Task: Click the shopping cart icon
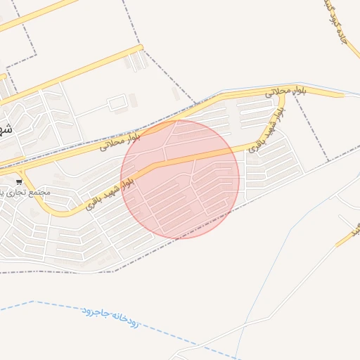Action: coord(19,181)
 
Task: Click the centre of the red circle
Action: coord(180,179)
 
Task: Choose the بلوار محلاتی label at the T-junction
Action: coord(286,90)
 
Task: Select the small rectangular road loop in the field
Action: coord(116,104)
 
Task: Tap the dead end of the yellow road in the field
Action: coord(141,48)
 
